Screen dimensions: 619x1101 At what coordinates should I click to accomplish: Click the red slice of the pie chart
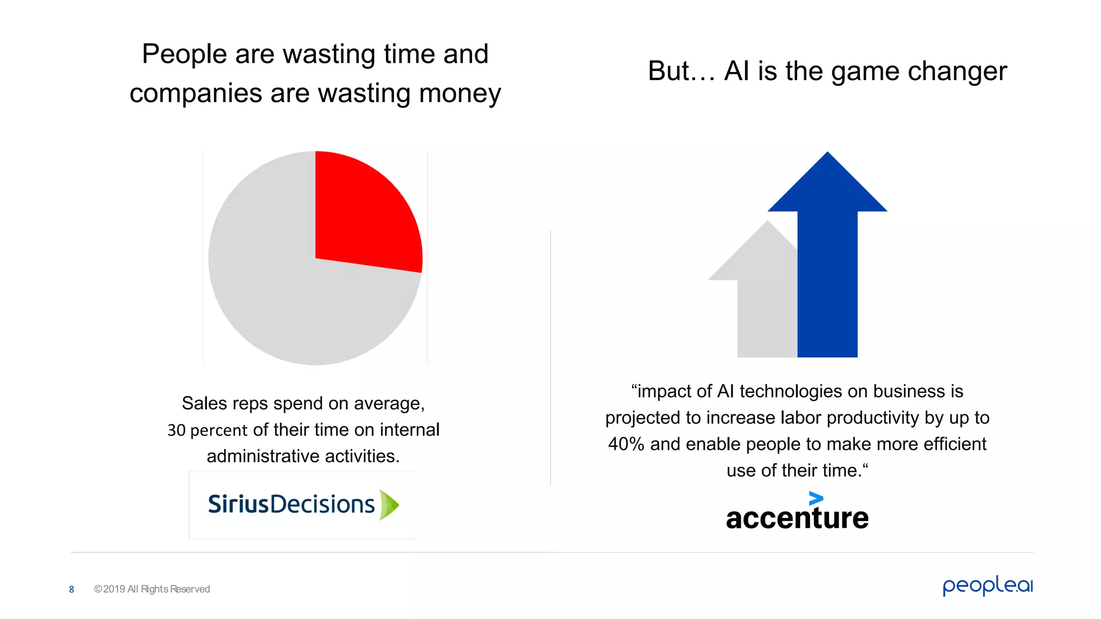tap(366, 215)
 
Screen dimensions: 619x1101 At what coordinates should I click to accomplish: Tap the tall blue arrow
tap(827, 269)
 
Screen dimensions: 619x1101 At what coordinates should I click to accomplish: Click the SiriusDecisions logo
tap(303, 505)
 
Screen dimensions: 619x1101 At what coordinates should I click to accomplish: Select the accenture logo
tap(797, 513)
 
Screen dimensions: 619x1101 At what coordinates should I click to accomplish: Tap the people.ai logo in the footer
tap(988, 586)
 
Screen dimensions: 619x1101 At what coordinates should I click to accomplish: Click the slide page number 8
tap(72, 589)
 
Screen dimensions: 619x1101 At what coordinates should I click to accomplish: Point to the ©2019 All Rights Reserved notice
tap(152, 589)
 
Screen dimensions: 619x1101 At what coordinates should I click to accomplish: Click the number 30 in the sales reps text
tap(176, 430)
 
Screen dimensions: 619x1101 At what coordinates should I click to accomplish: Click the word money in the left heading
tap(460, 93)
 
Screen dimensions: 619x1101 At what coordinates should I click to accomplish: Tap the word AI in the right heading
tap(737, 71)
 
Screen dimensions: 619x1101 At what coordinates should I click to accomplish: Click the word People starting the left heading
tap(184, 54)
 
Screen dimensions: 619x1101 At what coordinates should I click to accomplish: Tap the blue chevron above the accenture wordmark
tap(816, 499)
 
